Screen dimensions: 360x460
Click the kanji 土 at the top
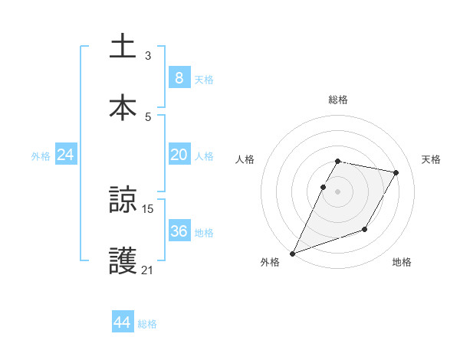point(123,45)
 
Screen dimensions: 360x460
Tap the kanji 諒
point(123,199)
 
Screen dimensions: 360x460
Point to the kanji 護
point(123,260)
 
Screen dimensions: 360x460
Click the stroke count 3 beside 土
point(148,55)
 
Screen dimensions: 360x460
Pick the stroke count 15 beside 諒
point(148,208)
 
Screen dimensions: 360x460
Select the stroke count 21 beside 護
point(148,270)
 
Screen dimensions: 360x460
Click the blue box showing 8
point(179,77)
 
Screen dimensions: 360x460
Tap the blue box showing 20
point(179,155)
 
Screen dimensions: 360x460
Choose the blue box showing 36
point(179,231)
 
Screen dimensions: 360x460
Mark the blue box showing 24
point(66,155)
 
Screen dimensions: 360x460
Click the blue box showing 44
point(123,322)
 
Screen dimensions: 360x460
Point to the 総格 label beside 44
point(147,324)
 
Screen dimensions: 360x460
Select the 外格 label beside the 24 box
point(41,156)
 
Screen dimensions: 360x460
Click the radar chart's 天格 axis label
point(432,159)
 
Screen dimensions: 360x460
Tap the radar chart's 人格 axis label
point(245,159)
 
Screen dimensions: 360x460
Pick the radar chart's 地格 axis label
point(402,262)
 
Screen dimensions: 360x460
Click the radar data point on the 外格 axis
point(292,253)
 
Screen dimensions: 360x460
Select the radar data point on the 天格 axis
point(396,173)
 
